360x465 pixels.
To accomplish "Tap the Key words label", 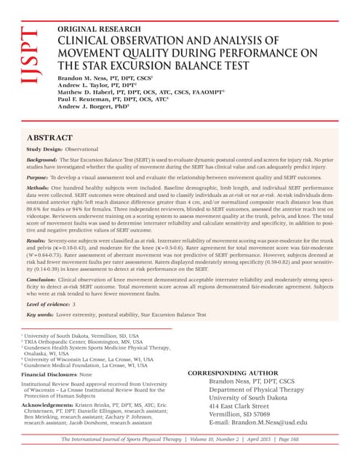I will (x=43, y=315).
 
